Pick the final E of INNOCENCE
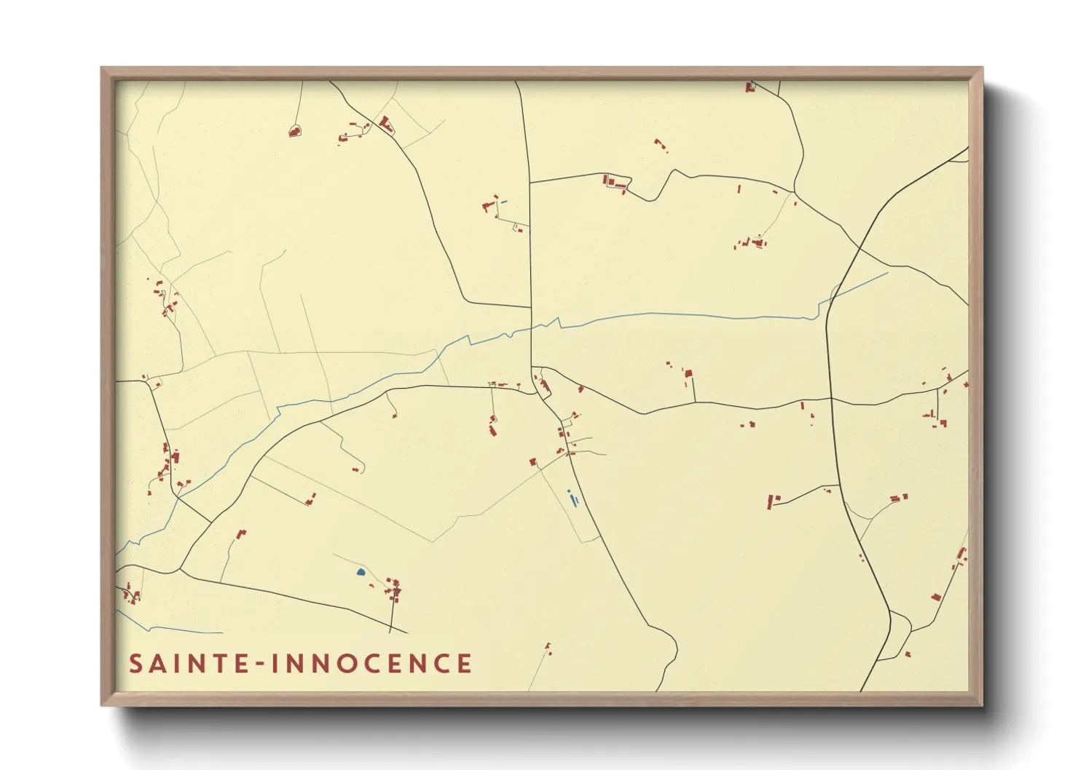pos(463,664)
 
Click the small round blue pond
pos(360,572)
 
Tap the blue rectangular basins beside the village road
pos(573,499)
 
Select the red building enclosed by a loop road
pos(294,132)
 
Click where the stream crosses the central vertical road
pos(532,327)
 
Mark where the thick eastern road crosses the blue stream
pos(829,299)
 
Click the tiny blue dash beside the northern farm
pos(504,202)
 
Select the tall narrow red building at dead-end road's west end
pos(770,501)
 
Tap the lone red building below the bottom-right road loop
pos(908,654)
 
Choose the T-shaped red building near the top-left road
pos(386,124)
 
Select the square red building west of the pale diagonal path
pos(532,461)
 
